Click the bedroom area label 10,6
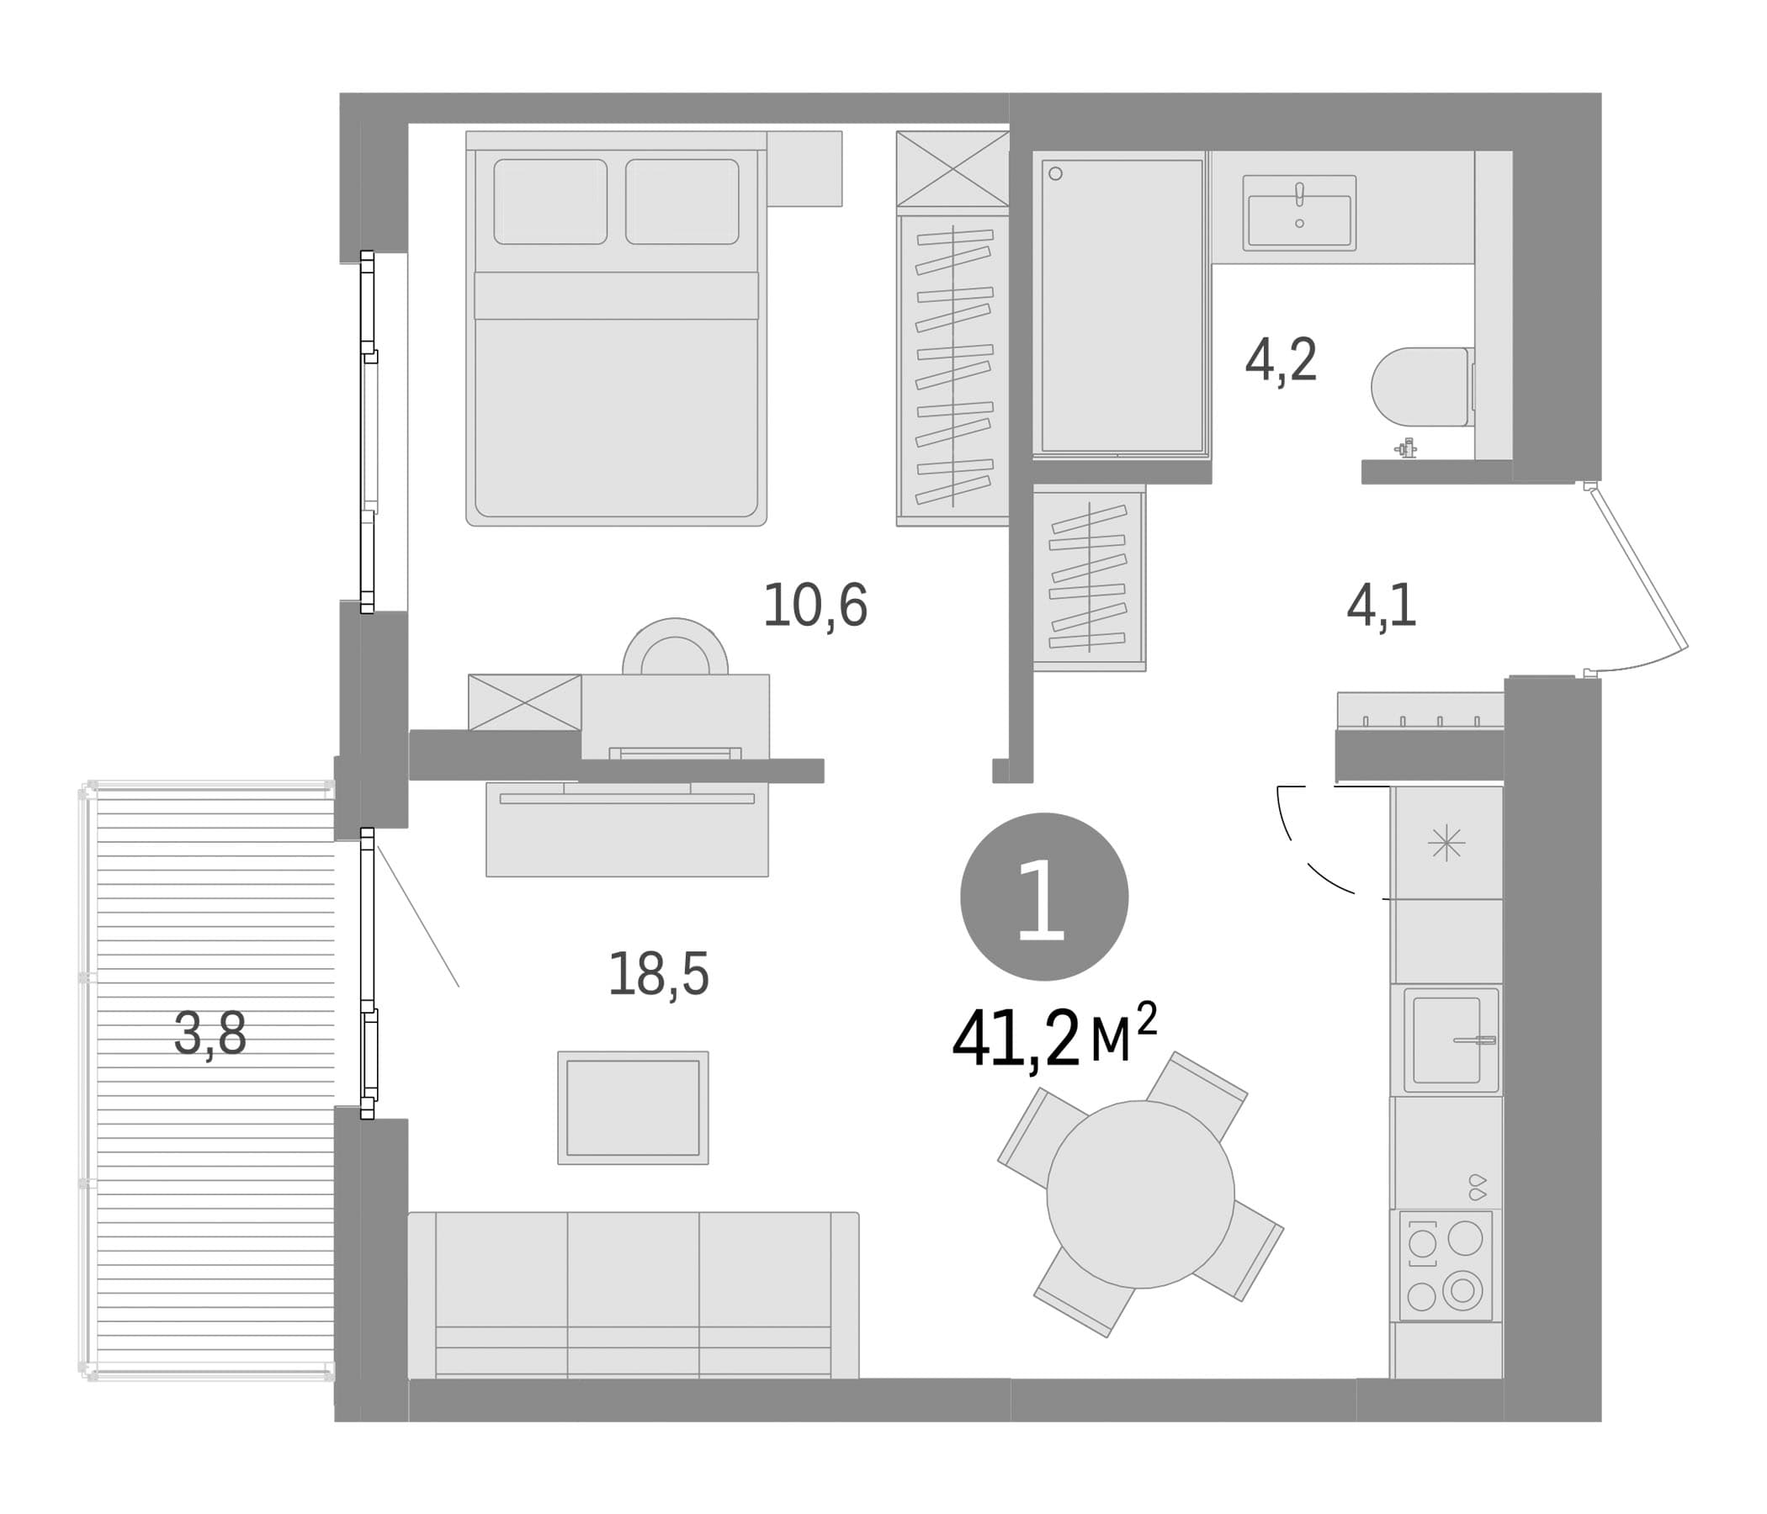(x=815, y=606)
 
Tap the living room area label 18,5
(x=658, y=973)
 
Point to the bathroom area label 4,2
(x=1281, y=361)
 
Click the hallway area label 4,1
(x=1382, y=606)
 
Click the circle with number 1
(x=1044, y=897)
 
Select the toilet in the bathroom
(x=1423, y=386)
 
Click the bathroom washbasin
(x=1299, y=213)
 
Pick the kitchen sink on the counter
(x=1451, y=1039)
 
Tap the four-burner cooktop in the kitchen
(x=1446, y=1265)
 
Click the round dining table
(x=1140, y=1194)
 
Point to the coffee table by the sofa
(x=633, y=1108)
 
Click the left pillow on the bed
(x=550, y=201)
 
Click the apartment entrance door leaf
(x=1637, y=566)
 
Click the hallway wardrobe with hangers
(x=1089, y=578)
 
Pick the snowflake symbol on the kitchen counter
(x=1446, y=843)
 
